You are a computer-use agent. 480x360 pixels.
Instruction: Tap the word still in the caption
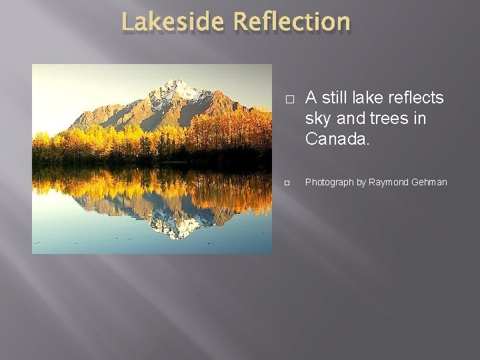click(335, 98)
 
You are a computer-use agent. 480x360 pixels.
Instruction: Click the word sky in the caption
click(319, 119)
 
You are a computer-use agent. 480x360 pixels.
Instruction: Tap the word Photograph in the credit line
click(329, 182)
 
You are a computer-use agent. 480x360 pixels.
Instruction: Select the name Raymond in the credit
click(385, 182)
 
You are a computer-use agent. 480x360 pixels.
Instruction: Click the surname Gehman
click(427, 182)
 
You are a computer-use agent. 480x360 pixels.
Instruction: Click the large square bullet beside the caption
click(289, 99)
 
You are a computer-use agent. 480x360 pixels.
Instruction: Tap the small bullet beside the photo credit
click(288, 182)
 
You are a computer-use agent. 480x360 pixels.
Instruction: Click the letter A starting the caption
click(311, 98)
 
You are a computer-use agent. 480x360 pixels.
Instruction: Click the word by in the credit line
click(361, 182)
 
